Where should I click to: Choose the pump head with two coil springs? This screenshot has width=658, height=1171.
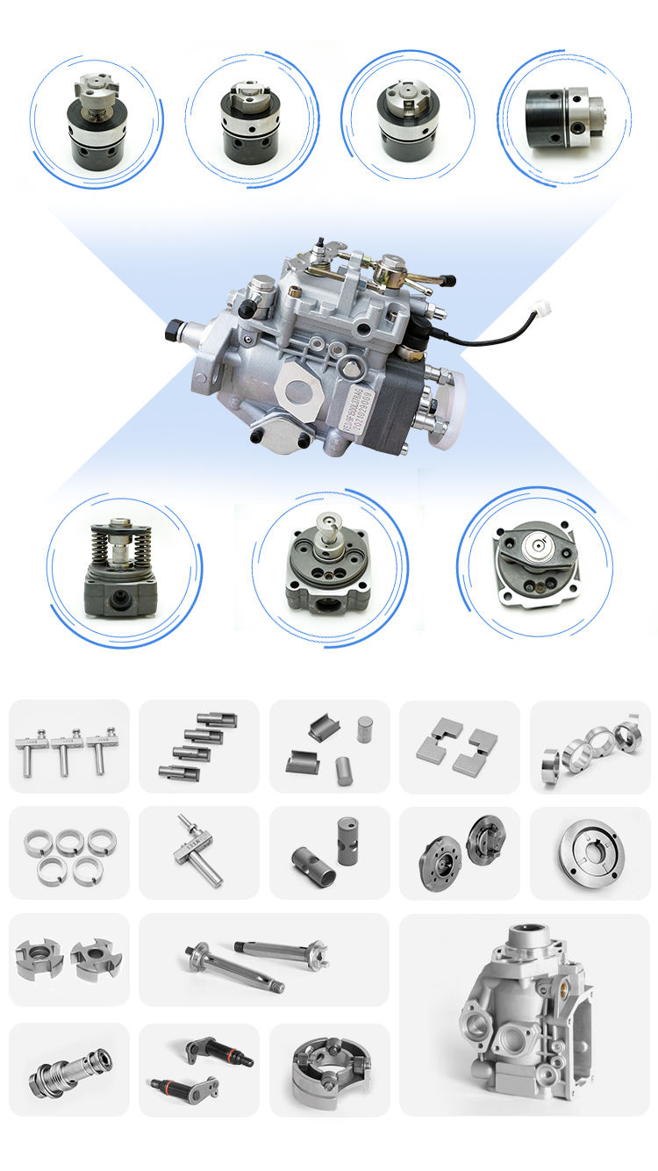tap(122, 568)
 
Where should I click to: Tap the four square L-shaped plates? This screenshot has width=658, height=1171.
tap(460, 745)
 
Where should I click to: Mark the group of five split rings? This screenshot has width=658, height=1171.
tap(68, 854)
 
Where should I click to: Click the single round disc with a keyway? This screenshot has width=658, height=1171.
tap(589, 852)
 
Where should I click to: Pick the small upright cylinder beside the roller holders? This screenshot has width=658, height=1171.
tap(364, 728)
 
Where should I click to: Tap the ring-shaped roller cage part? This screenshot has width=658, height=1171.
tap(330, 1067)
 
